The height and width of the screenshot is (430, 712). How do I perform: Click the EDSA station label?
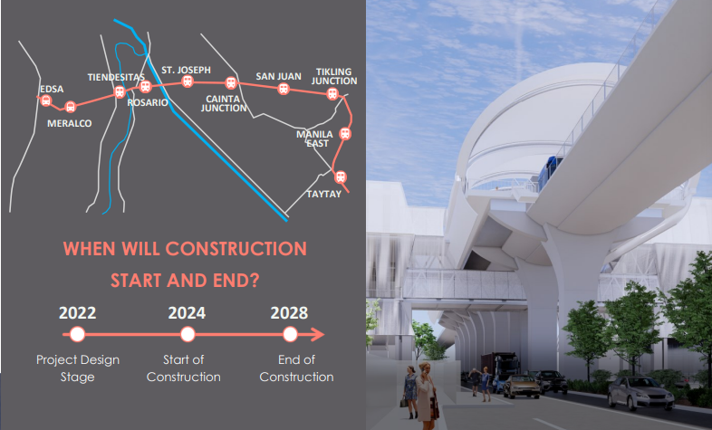(52, 89)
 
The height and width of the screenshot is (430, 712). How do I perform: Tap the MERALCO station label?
(70, 123)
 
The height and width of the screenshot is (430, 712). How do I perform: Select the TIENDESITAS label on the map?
(115, 77)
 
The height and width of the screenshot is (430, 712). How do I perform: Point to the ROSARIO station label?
(148, 103)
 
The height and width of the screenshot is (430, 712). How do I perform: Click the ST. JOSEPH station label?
(186, 69)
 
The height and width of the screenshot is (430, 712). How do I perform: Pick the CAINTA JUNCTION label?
(225, 103)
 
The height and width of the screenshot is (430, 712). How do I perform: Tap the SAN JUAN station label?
(278, 76)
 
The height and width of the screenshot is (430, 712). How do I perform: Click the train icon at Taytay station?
(341, 177)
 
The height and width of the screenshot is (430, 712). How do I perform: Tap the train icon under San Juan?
(284, 90)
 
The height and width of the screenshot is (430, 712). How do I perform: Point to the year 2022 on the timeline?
(78, 313)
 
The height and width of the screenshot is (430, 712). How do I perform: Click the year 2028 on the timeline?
(289, 313)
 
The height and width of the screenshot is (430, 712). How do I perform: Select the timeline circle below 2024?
(188, 335)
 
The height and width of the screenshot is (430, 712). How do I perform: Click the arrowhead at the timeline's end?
(318, 335)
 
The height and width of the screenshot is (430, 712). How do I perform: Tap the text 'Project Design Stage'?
(78, 368)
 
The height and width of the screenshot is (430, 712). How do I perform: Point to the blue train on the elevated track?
(549, 171)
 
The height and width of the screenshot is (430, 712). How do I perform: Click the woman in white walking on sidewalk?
(423, 395)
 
